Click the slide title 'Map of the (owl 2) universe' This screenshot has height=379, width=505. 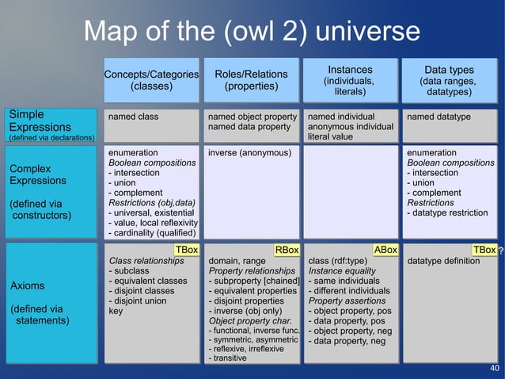pos(252,32)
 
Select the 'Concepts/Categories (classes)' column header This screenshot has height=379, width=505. pos(151,80)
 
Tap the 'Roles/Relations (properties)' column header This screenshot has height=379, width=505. pos(251,80)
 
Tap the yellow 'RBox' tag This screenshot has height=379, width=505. pos(286,251)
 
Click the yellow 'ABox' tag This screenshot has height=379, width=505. pos(385,250)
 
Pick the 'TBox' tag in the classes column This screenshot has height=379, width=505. pos(187,250)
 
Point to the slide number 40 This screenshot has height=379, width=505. pos(495,369)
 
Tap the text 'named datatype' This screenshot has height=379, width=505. pos(438,117)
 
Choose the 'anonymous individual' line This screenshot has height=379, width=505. pos(350,127)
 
